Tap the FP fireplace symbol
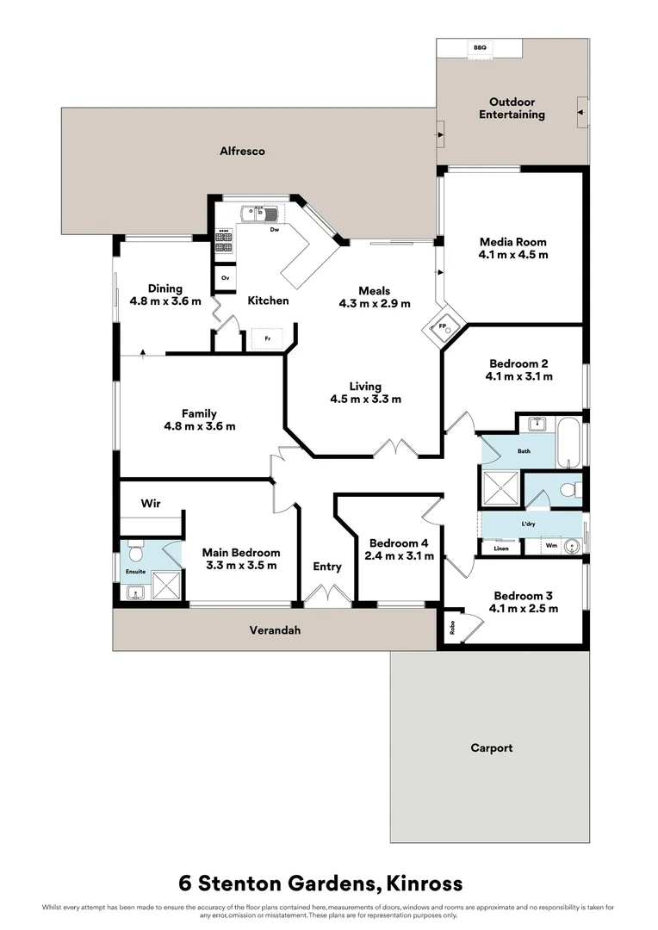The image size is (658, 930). (443, 327)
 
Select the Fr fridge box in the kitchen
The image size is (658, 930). (268, 338)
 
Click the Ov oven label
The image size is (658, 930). (225, 278)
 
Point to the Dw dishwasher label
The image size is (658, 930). (274, 230)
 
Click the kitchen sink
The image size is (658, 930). (258, 212)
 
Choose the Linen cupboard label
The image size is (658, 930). (500, 549)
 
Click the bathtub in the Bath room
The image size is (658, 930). (569, 441)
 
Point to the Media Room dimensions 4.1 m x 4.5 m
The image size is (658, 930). (512, 255)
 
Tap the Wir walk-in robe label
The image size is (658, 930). (152, 502)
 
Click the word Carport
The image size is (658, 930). (491, 747)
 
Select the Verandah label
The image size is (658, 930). (274, 630)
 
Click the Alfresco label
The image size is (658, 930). (242, 151)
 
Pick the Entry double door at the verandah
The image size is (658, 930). (327, 596)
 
